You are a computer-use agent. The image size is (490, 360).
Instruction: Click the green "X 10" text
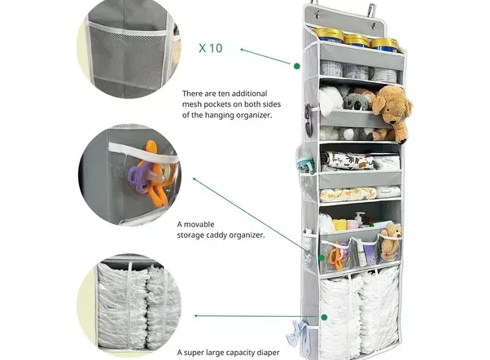(211, 48)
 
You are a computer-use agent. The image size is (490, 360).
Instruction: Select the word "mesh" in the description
(191, 104)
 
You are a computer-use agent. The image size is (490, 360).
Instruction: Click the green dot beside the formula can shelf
(297, 66)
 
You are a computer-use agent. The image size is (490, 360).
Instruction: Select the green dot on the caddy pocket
(322, 257)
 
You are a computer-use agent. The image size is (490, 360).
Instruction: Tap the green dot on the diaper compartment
(325, 317)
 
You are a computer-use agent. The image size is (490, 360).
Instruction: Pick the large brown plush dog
(392, 112)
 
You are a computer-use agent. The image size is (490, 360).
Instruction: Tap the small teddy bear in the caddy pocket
(391, 240)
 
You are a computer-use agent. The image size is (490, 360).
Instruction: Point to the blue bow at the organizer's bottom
(296, 333)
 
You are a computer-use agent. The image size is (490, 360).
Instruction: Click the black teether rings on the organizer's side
(308, 120)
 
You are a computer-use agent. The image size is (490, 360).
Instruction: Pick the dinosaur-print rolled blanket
(348, 160)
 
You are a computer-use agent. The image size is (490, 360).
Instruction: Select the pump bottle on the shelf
(360, 219)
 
